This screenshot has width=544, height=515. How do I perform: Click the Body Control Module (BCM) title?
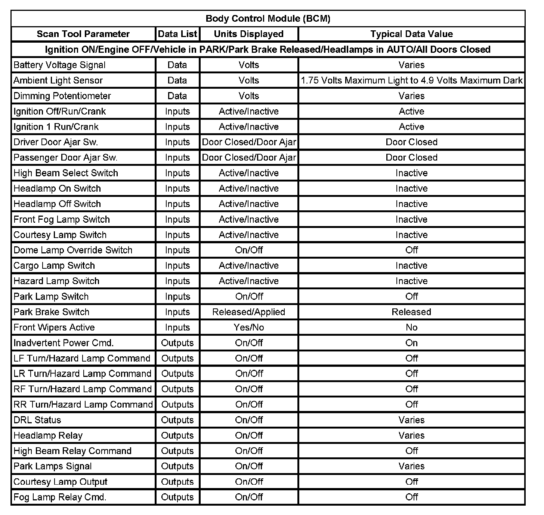click(268, 18)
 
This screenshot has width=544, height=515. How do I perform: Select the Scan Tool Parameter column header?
click(83, 34)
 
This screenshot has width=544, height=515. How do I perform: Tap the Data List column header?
click(177, 34)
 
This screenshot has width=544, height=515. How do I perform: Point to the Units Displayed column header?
click(249, 34)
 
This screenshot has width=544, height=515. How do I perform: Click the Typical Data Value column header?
click(411, 34)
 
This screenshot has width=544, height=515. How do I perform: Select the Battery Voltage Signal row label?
click(60, 65)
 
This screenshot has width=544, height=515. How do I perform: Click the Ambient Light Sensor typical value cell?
click(411, 80)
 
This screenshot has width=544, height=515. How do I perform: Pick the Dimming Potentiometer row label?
click(62, 96)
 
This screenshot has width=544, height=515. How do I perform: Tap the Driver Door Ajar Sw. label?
click(56, 142)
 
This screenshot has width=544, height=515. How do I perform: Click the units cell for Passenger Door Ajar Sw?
click(249, 158)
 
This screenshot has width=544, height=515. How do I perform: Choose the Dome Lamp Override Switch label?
click(73, 250)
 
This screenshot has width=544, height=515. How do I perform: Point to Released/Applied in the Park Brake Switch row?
click(249, 312)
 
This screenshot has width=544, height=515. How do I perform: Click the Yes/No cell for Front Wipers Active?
click(249, 327)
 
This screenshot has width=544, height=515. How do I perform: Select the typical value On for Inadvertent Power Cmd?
click(411, 343)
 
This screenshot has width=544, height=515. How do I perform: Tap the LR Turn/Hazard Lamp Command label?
click(82, 374)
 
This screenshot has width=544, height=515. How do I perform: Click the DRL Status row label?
click(37, 420)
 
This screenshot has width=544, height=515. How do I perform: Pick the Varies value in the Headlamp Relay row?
click(411, 435)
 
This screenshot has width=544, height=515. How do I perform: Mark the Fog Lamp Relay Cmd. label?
click(60, 497)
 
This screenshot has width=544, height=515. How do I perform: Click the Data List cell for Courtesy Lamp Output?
click(177, 482)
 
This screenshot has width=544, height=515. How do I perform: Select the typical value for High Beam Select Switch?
click(411, 173)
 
